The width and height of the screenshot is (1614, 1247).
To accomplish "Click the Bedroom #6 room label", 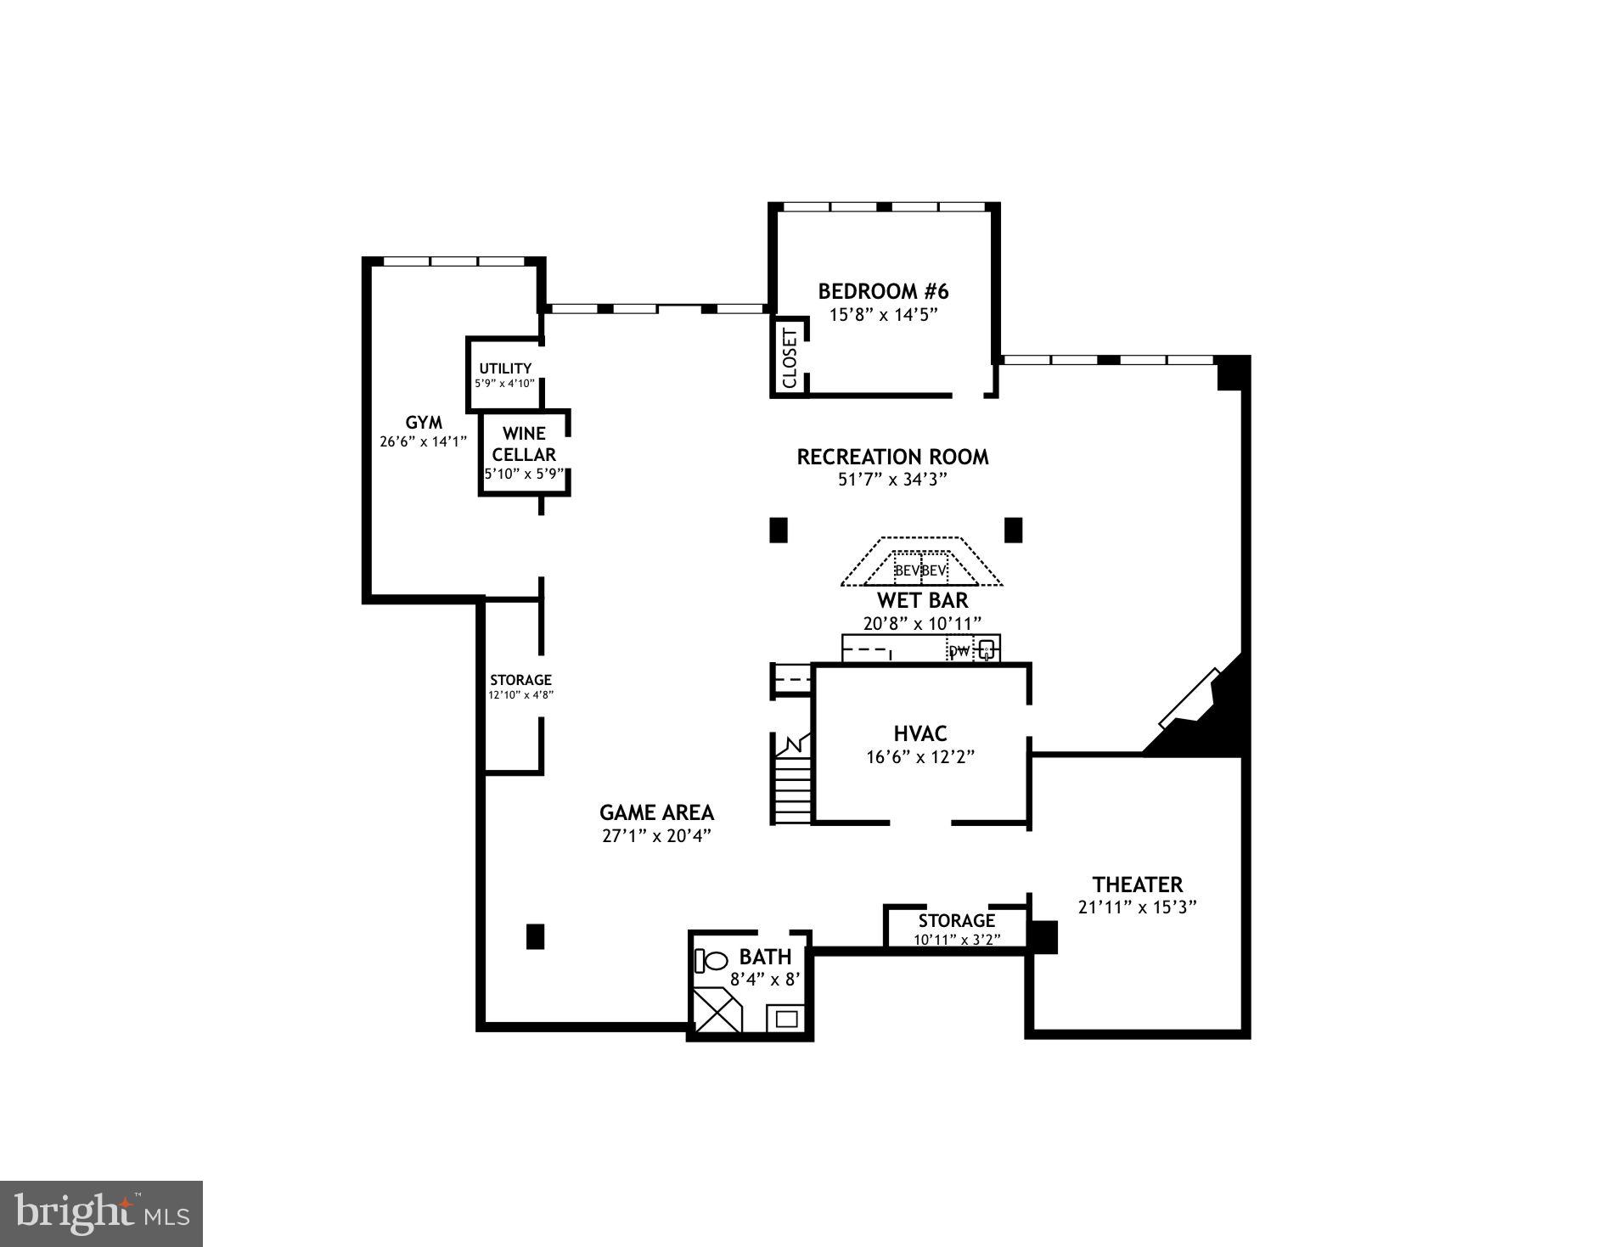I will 883,292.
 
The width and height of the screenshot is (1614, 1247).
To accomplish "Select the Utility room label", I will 505,368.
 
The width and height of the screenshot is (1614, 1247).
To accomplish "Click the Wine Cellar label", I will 524,444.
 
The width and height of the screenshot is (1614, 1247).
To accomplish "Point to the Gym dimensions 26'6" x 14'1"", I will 424,441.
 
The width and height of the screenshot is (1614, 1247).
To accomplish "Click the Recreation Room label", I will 892,457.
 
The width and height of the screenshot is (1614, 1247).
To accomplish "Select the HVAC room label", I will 920,733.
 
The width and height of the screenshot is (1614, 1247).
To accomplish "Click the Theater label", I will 1137,885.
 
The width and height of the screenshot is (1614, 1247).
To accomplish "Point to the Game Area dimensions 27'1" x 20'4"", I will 656,835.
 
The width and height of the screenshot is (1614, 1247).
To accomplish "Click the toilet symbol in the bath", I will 712,961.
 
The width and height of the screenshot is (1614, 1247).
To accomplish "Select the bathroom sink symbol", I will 785,1018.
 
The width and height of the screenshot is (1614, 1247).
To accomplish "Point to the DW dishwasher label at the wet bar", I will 959,651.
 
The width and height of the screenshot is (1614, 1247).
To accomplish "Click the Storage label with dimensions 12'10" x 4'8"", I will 520,680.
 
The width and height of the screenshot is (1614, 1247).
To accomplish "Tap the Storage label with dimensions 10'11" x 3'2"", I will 956,921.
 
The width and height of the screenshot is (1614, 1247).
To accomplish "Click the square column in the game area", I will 535,936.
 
